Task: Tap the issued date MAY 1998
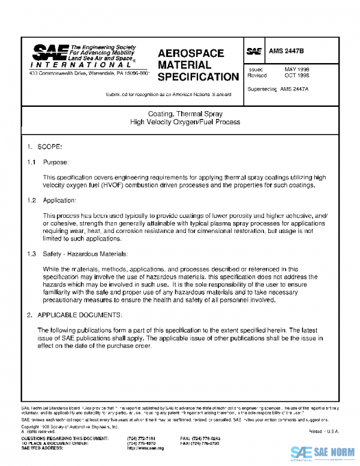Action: pos(296,70)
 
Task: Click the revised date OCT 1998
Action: pos(296,76)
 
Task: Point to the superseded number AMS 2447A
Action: pos(294,88)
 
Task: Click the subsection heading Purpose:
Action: pos(56,162)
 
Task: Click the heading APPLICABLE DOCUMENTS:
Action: pos(80,315)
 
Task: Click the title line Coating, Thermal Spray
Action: pos(185,113)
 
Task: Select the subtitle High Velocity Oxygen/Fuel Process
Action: pos(185,121)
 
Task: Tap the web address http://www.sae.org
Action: pos(142,448)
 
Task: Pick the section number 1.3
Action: pos(32,254)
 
